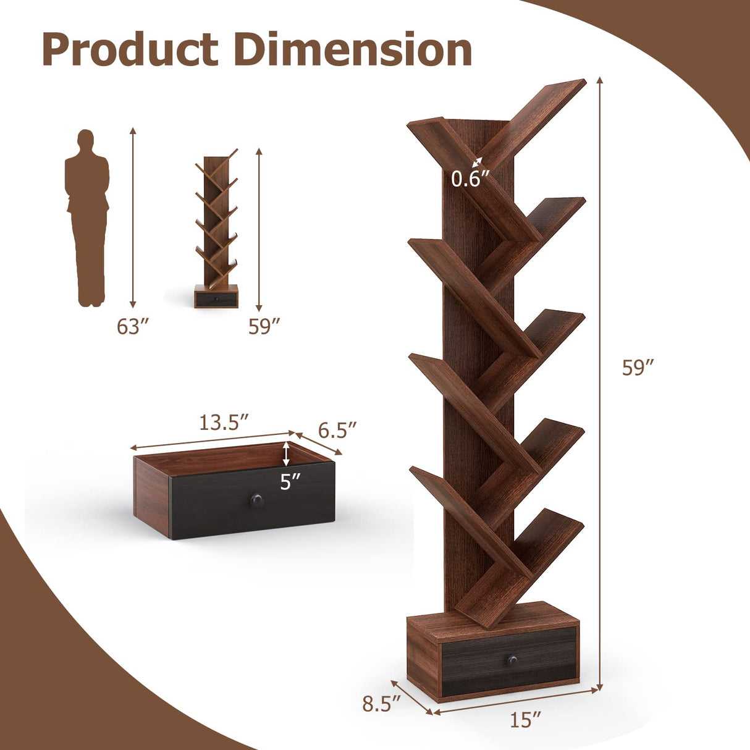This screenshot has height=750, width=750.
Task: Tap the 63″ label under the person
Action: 133,326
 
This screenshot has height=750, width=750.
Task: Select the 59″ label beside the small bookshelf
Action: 264,326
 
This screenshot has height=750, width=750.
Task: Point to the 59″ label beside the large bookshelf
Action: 638,368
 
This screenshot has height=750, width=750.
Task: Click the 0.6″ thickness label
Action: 470,179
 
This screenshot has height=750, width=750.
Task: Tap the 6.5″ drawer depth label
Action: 337,429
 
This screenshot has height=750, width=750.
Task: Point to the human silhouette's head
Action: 86,140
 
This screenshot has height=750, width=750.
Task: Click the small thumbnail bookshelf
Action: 216,229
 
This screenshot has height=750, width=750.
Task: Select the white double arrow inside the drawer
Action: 285,454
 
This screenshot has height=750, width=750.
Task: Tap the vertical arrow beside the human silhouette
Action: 132,216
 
